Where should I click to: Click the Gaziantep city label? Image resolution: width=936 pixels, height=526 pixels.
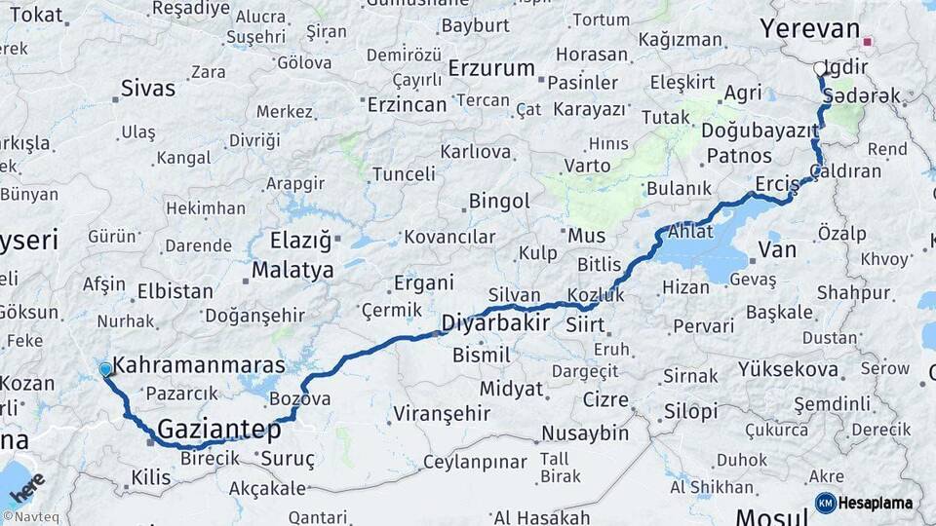(218, 429)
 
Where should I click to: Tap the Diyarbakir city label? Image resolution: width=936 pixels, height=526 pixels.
(495, 322)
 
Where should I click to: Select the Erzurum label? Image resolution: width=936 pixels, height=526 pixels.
(491, 69)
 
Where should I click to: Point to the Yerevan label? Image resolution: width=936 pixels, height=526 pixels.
(810, 29)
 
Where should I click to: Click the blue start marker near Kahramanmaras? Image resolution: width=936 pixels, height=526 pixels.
(105, 369)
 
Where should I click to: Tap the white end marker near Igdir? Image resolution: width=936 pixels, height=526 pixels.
(819, 69)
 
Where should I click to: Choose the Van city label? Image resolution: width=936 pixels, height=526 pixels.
(777, 250)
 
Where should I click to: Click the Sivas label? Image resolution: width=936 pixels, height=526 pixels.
(148, 89)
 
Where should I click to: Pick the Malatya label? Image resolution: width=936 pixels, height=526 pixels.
(292, 270)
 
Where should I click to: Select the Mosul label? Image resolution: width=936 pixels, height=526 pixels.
(772, 516)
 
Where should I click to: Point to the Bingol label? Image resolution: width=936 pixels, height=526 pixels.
(499, 202)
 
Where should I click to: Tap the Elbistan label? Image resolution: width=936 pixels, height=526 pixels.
(175, 290)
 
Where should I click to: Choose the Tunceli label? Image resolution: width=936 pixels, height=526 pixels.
(405, 174)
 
